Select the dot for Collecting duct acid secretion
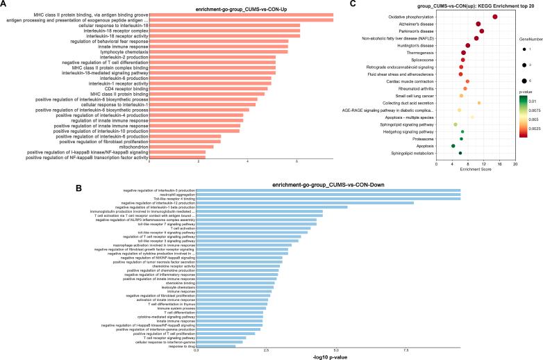[x=479, y=103]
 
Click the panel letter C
[x=354, y=4]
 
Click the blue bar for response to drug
[x=216, y=345]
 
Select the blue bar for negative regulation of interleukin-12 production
[x=305, y=203]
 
